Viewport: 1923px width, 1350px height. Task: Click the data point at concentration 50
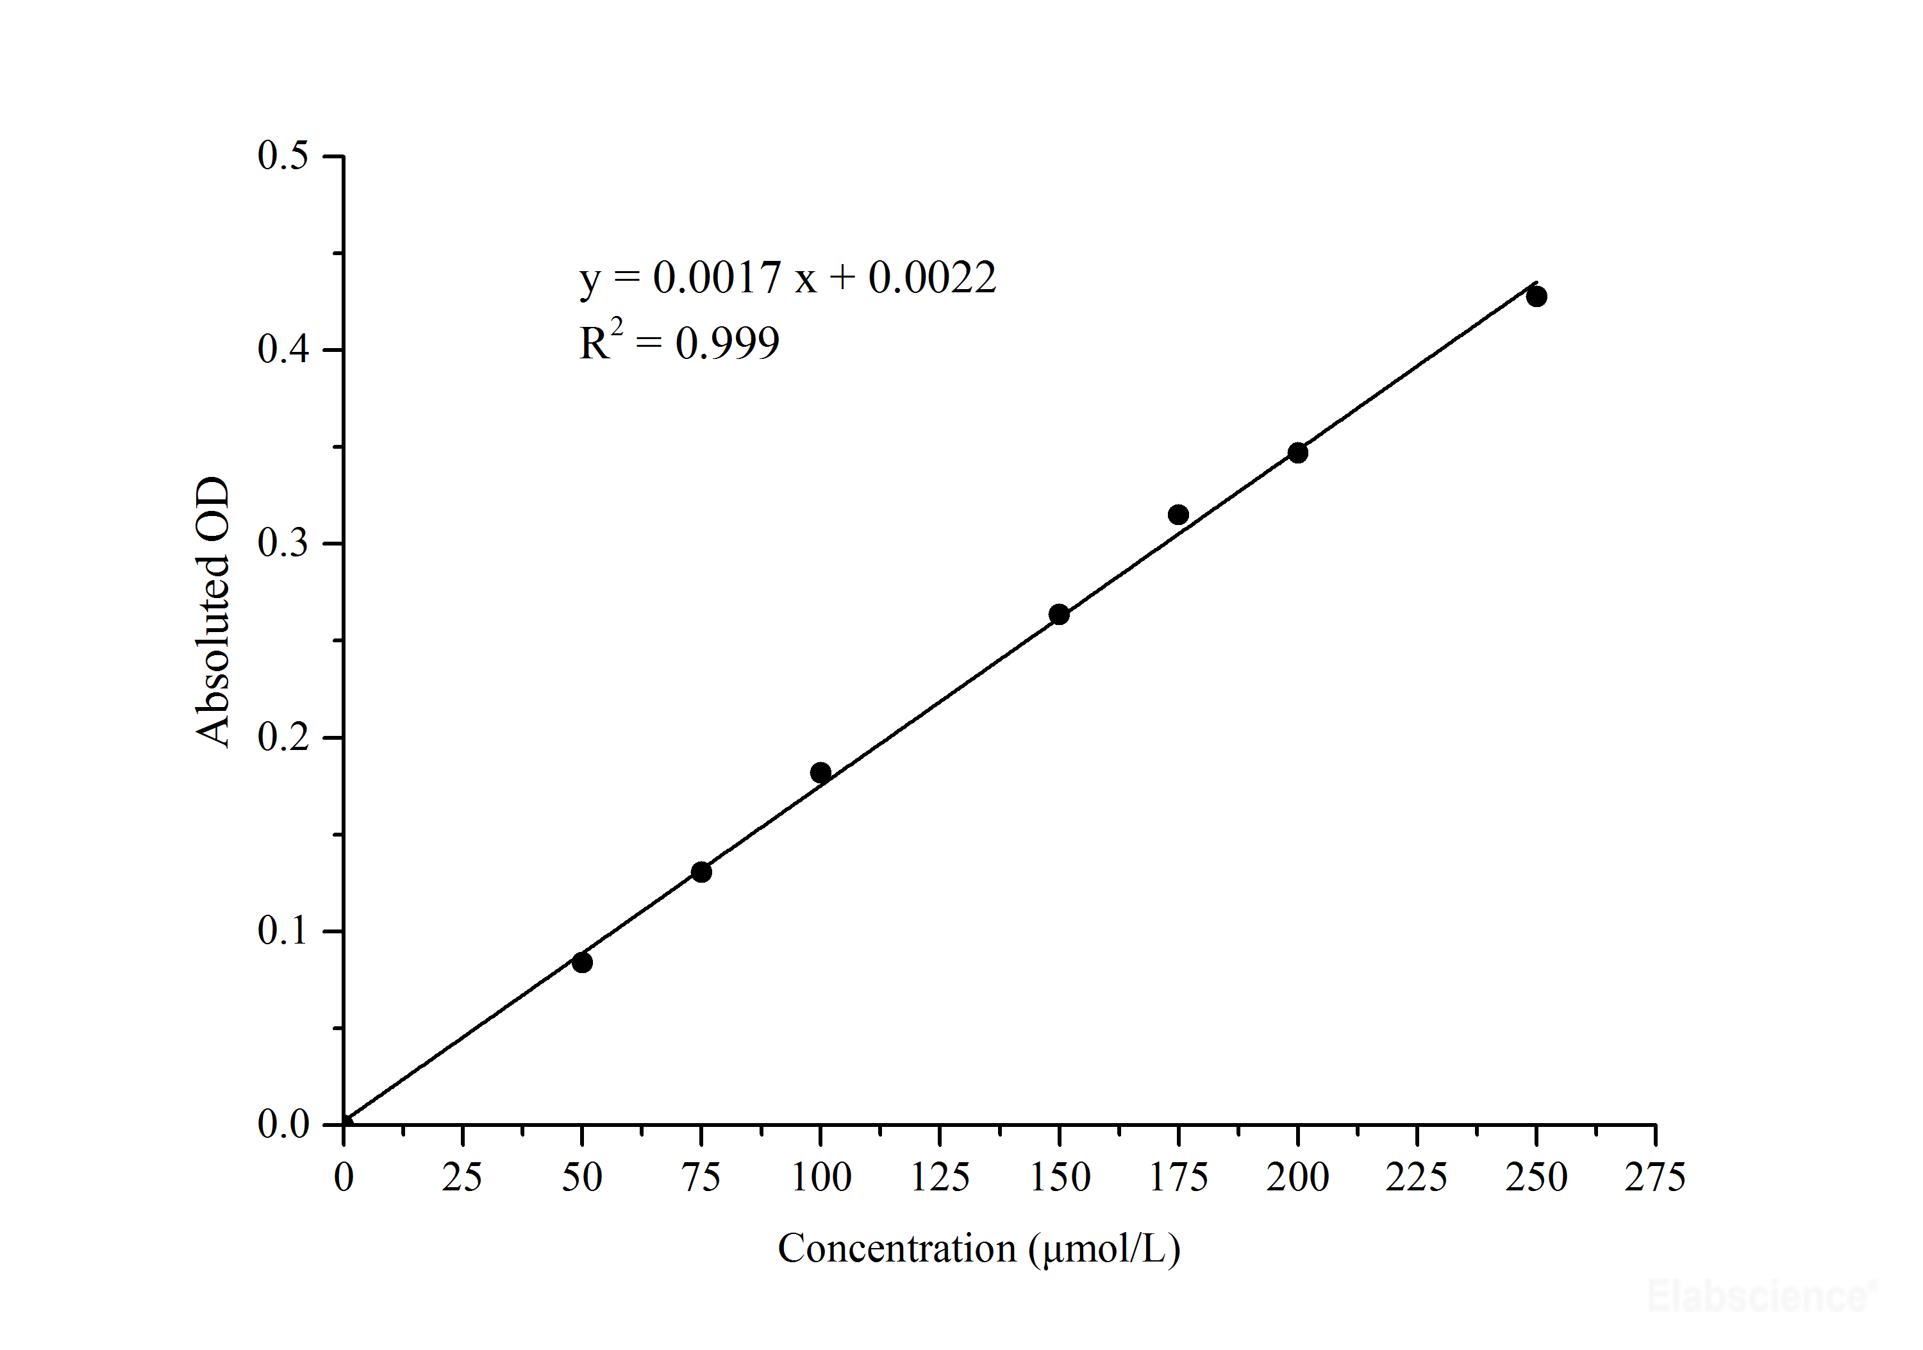pos(582,962)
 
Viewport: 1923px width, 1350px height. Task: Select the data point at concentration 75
pos(702,872)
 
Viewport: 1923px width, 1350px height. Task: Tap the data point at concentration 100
pos(820,772)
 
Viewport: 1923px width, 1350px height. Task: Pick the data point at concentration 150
pos(1059,615)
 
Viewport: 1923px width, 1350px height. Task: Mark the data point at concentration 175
pos(1178,514)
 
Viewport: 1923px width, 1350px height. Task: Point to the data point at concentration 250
pos(1536,296)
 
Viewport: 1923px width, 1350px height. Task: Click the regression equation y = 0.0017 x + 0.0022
pos(787,278)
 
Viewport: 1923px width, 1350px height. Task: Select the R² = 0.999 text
pos(678,342)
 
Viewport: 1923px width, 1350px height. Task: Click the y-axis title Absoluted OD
pos(213,612)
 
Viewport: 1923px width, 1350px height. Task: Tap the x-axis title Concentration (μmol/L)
pos(979,1249)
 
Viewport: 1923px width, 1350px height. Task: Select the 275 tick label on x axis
pos(1655,1178)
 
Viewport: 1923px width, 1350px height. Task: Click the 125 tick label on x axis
pos(940,1178)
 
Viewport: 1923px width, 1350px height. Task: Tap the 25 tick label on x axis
pos(462,1178)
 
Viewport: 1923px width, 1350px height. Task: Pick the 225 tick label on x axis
pos(1416,1178)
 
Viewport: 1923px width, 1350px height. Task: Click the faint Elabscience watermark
pos(1759,1296)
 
